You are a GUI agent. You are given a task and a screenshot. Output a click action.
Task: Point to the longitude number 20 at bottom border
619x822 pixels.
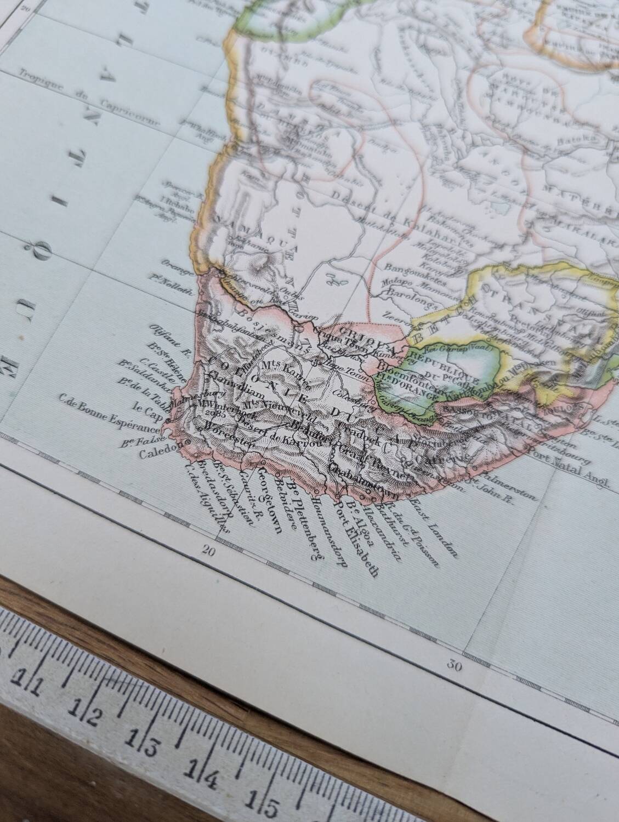pyautogui.click(x=208, y=551)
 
